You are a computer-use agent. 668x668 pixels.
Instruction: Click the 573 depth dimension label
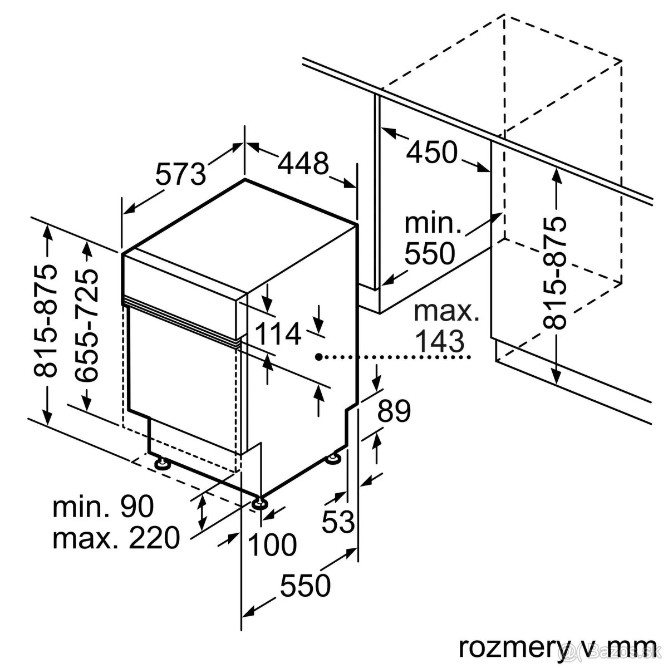coord(180,174)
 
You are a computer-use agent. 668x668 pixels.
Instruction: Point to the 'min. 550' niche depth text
coord(430,239)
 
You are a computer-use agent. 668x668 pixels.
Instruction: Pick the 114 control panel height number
coord(278,334)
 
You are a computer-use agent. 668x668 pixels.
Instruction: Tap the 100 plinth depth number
coord(272,544)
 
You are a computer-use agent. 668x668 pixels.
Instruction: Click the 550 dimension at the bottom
coord(305,586)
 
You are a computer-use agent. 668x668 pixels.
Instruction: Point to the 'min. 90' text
coord(103,507)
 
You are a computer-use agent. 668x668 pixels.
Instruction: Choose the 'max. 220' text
coord(116,538)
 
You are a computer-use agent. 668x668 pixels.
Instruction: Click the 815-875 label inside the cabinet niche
coord(557,273)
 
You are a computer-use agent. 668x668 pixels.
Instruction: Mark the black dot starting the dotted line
coord(318,357)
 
